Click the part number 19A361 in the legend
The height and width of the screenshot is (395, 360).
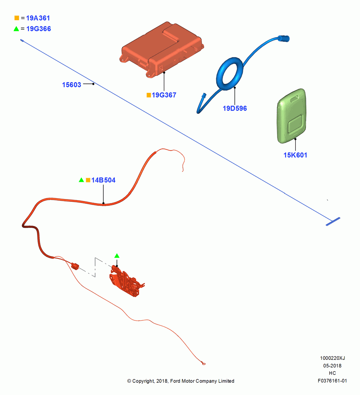[38, 18]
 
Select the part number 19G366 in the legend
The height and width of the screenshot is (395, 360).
[39, 29]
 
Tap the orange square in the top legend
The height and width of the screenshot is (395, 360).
[17, 18]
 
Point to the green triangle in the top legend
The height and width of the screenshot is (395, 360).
[16, 29]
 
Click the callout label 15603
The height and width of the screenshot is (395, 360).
[71, 85]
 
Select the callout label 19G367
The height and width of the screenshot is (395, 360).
[164, 95]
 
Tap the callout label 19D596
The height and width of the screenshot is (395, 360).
[234, 108]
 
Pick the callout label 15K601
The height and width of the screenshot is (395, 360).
[295, 155]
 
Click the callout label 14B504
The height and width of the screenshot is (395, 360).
[103, 180]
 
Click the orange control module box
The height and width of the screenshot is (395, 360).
[161, 50]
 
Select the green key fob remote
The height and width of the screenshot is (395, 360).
[292, 116]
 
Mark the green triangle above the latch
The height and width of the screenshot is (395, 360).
[117, 256]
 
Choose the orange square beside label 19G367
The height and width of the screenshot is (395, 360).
[149, 95]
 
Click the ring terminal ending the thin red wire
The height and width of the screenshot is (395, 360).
[203, 363]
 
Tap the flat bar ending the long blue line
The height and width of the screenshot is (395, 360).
[333, 222]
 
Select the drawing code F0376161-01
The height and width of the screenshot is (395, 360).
[332, 381]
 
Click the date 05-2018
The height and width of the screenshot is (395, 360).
[332, 365]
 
